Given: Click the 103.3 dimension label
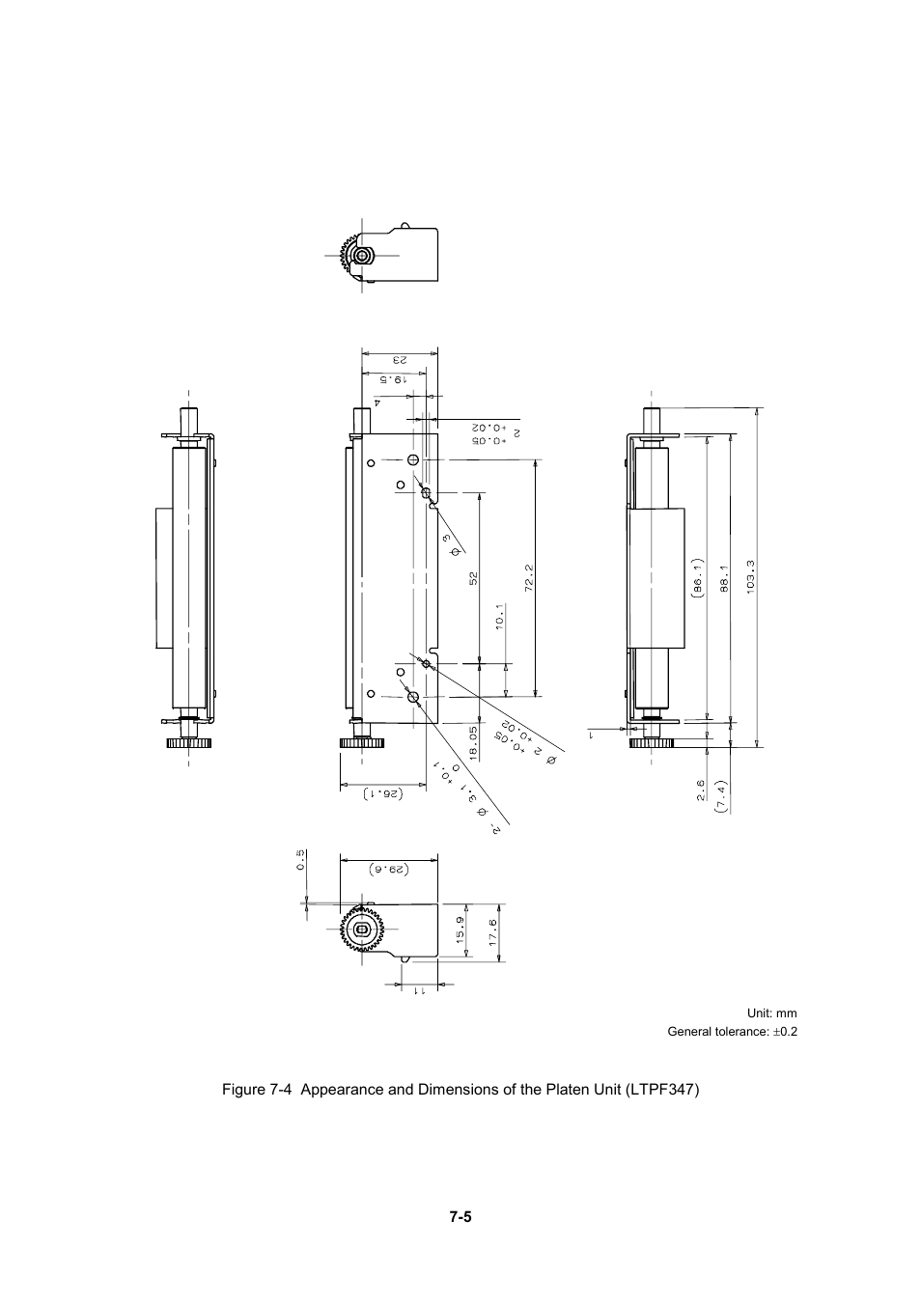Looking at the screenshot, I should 750,577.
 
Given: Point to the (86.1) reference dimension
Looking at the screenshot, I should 696,577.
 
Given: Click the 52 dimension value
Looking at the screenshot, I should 473,577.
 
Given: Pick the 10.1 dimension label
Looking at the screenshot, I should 500,617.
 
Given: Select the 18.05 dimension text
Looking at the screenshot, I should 474,742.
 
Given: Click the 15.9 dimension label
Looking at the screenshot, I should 460,931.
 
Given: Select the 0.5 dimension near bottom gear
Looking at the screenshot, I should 300,859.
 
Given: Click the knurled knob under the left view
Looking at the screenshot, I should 189,742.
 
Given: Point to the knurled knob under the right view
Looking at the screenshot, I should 653,742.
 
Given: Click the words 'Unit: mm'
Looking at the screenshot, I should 772,1013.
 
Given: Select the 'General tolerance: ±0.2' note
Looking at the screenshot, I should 733,1032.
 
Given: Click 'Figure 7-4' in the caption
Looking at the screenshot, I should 256,1089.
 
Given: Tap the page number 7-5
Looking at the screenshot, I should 460,1216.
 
